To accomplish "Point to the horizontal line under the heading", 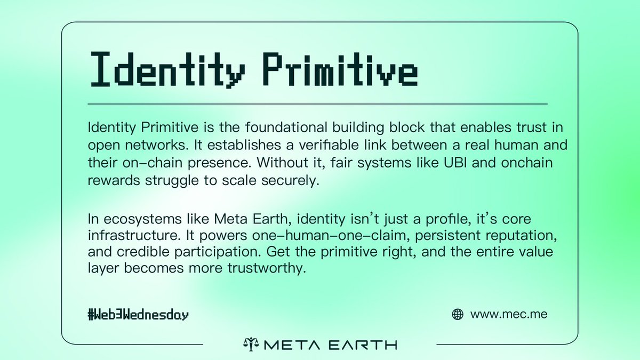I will pos(317,103).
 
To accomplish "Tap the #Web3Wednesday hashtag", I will pos(138,315).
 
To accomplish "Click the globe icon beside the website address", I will pos(457,315).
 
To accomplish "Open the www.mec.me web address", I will pos(509,315).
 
